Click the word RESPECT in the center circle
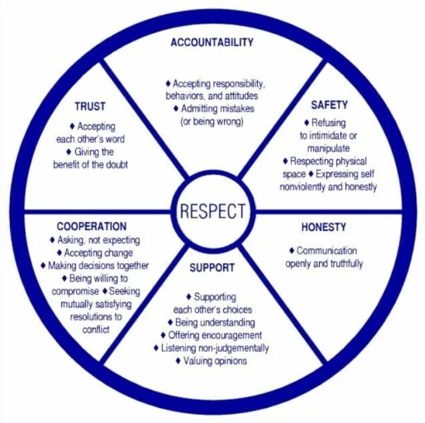pyautogui.click(x=212, y=211)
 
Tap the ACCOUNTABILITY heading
pyautogui.click(x=212, y=43)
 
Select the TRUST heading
pyautogui.click(x=90, y=107)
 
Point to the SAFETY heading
pyautogui.click(x=329, y=105)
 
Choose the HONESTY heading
pyautogui.click(x=324, y=227)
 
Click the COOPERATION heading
pyautogui.click(x=91, y=226)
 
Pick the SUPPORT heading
pyautogui.click(x=212, y=268)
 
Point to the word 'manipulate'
pyautogui.click(x=329, y=148)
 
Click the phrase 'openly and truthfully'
pyautogui.click(x=324, y=264)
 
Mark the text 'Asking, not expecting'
pyautogui.click(x=95, y=240)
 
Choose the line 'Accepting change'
pyautogui.click(x=98, y=253)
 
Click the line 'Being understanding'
pyautogui.click(x=215, y=322)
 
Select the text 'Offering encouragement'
pyautogui.click(x=214, y=335)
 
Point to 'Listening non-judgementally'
pyautogui.click(x=215, y=348)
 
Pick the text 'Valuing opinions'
pyautogui.click(x=214, y=360)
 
